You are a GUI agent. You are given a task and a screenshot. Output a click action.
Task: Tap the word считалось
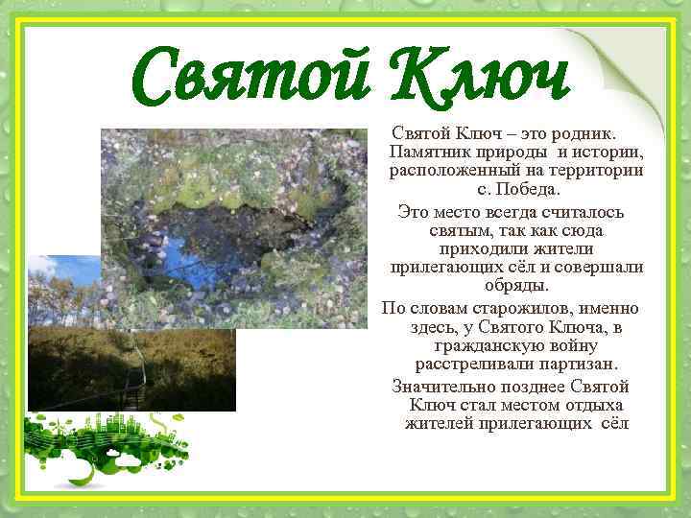pos(578,211)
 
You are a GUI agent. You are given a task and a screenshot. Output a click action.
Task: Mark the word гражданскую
pos(482,345)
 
